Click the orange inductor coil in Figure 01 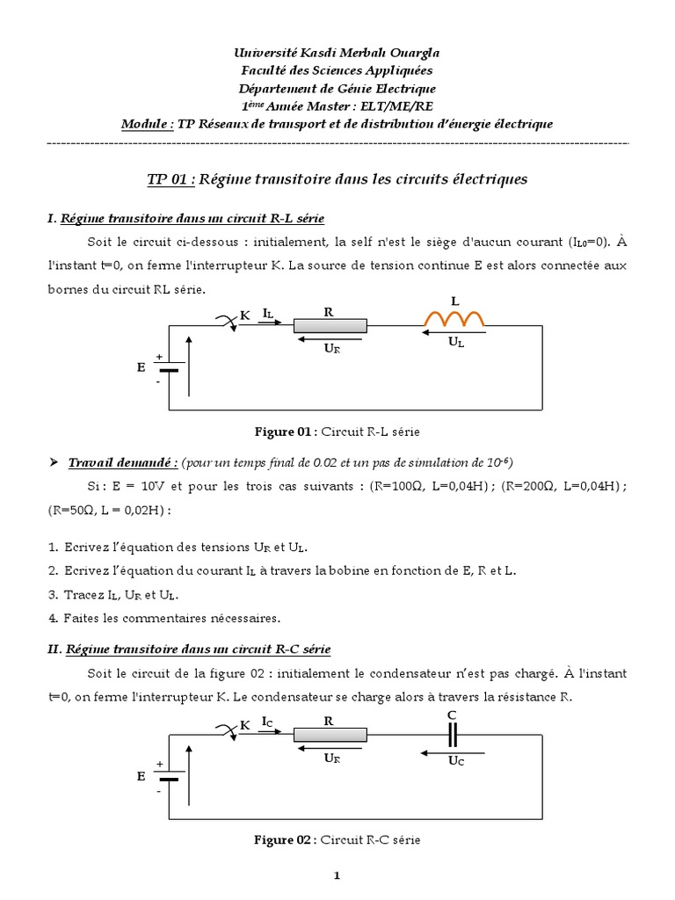point(454,320)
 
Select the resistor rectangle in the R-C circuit point(330,735)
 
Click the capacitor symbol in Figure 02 point(454,734)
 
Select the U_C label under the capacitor point(455,760)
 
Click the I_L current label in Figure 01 point(268,312)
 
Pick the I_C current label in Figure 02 point(268,722)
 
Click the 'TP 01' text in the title point(169,179)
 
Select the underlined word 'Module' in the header point(146,124)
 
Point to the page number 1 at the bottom point(337,875)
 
